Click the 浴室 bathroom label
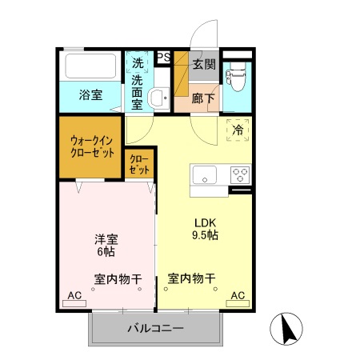coord(90,95)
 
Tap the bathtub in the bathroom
coord(90,66)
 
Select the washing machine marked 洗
coord(138,62)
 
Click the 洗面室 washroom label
coord(138,91)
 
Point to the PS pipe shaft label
coord(162,56)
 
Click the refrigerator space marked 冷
coord(238,130)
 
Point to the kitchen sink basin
coord(202,174)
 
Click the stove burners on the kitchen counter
coord(238,174)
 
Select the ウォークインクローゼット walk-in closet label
coord(91,146)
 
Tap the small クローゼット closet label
coord(140,164)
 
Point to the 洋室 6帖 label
coord(105,245)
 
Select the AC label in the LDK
coord(238,296)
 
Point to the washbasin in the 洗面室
coord(158,98)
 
